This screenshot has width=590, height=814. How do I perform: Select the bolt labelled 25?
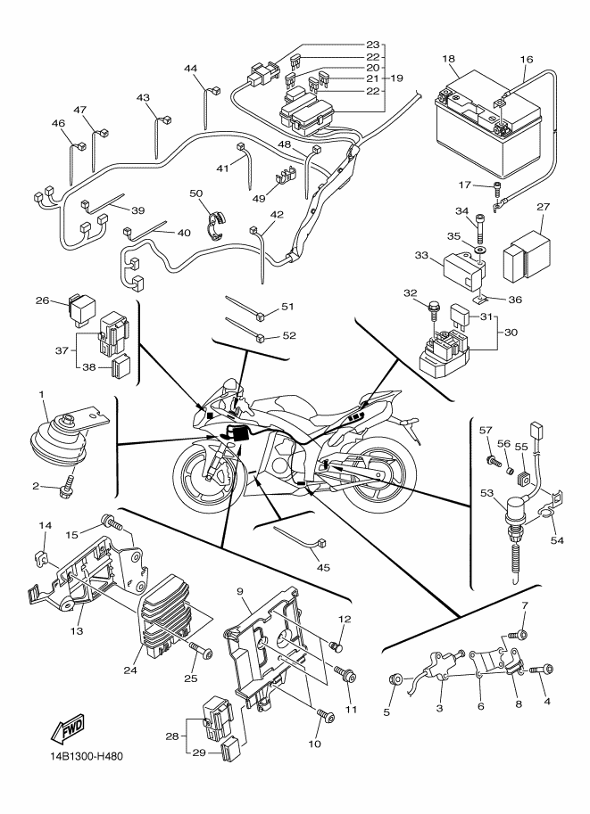coord(203,654)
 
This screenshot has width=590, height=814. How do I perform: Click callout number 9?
coord(240,591)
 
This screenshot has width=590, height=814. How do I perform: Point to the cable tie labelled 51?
coord(245,308)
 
